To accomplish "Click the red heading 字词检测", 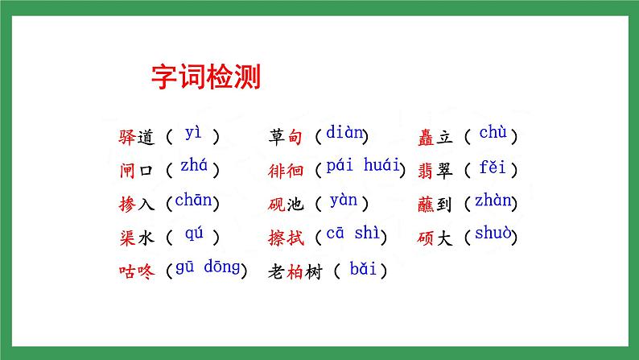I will point(206,77).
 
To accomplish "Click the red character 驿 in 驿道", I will point(125,138).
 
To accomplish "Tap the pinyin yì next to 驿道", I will point(193,133).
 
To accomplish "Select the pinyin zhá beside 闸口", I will point(193,166).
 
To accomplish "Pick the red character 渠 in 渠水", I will point(125,238).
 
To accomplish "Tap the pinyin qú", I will point(194,234).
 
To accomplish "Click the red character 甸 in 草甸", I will point(295,138).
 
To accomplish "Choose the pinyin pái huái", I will point(363,166).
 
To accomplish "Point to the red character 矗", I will point(427,138).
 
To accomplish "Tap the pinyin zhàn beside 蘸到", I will point(492,201).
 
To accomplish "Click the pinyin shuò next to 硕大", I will point(492,234).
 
